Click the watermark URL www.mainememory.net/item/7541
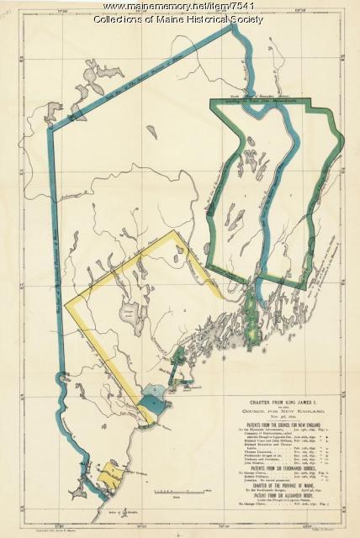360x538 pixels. point(180,6)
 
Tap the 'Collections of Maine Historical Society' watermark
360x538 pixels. point(180,18)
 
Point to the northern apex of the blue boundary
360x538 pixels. point(232,27)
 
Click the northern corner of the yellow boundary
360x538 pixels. point(173,232)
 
